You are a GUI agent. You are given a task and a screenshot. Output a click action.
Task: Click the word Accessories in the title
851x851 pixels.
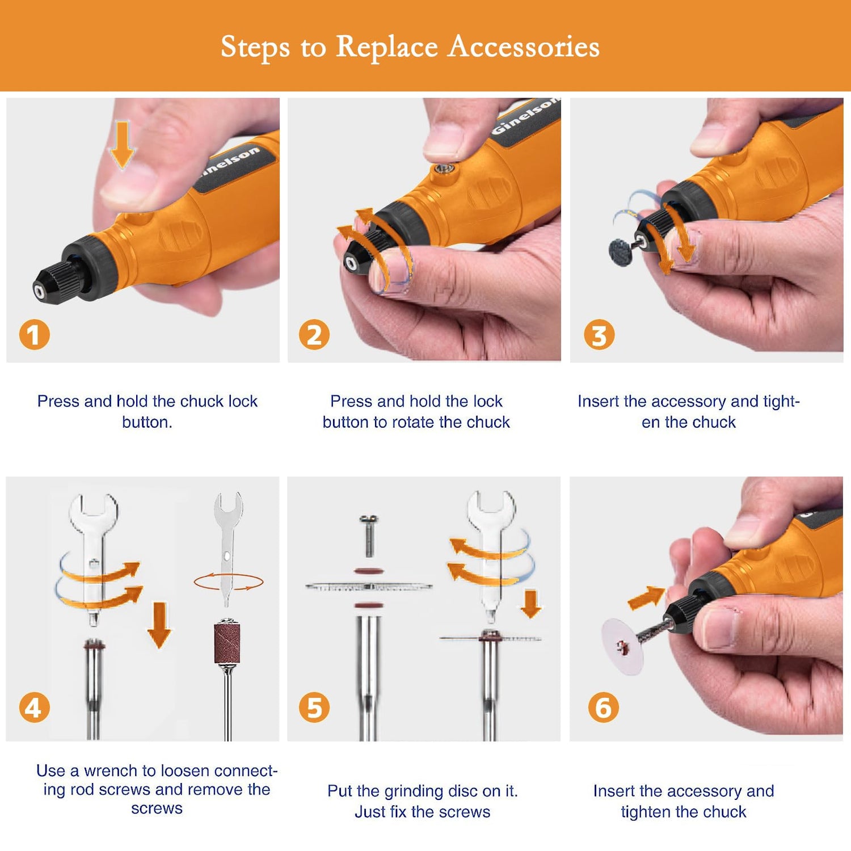pyautogui.click(x=524, y=47)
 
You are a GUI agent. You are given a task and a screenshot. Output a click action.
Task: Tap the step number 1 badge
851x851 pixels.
pyautogui.click(x=35, y=335)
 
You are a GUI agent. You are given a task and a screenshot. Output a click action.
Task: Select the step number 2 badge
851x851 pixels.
pyautogui.click(x=314, y=335)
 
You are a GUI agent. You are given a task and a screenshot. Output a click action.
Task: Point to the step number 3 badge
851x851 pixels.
pyautogui.click(x=599, y=335)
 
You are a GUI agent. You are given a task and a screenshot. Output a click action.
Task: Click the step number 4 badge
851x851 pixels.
pyautogui.click(x=35, y=707)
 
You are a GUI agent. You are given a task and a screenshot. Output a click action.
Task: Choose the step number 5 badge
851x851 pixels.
pyautogui.click(x=314, y=707)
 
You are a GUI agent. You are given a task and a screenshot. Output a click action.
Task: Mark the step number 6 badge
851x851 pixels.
pyautogui.click(x=603, y=707)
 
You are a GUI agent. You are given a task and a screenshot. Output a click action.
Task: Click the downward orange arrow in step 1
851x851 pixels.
pyautogui.click(x=123, y=144)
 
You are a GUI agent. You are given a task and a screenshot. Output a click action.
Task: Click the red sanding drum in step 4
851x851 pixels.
pyautogui.click(x=227, y=643)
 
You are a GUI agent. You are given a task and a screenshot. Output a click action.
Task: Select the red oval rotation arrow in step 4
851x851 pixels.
pyautogui.click(x=229, y=582)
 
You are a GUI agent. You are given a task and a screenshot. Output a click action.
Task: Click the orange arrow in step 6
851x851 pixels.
pyautogui.click(x=646, y=597)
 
